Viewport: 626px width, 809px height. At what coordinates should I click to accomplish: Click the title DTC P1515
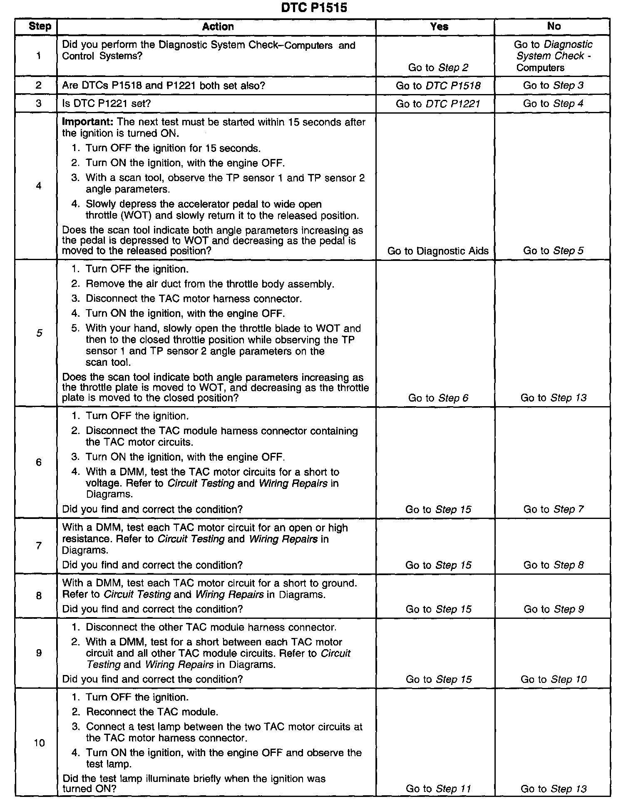pos(313,7)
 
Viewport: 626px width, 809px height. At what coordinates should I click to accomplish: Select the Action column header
pos(218,27)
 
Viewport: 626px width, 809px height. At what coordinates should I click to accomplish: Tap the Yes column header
pos(439,27)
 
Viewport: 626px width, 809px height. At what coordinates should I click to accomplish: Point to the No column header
pos(554,26)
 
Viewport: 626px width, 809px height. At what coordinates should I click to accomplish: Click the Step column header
pos(40,27)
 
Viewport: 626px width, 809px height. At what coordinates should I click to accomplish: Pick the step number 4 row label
pos(39,186)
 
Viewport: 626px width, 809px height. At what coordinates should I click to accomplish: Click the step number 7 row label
pos(39,546)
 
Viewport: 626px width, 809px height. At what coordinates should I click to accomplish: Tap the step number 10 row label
pos(39,743)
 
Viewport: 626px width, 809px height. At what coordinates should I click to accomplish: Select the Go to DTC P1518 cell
pos(438,86)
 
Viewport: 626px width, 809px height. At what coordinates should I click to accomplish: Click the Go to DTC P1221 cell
pos(438,104)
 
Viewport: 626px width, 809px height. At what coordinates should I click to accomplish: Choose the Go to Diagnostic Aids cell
pos(438,251)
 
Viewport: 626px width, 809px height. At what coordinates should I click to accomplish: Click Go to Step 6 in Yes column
pos(438,398)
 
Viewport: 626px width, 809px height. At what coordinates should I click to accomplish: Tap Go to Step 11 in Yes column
pos(438,789)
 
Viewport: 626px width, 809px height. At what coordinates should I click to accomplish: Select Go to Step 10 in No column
pos(553,680)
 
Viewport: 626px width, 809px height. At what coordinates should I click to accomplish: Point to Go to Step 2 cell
pos(438,67)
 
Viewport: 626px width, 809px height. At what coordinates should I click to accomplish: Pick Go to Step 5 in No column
pos(553,251)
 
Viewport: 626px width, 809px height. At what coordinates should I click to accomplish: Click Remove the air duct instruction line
pos(210,284)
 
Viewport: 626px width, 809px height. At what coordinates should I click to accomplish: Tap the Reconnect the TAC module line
pos(152,712)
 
